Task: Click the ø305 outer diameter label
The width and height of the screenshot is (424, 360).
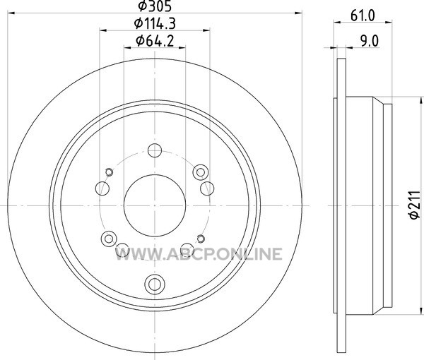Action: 155,6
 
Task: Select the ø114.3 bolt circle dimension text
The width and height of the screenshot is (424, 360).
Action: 155,23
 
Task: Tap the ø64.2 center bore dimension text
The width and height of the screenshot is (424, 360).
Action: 155,41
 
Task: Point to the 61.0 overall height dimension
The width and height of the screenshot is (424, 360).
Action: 363,16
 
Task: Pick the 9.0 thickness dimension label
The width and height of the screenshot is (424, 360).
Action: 369,41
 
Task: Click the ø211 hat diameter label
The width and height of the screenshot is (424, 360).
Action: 415,205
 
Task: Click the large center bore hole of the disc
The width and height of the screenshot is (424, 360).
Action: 155,205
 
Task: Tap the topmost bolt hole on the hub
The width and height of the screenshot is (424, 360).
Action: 155,150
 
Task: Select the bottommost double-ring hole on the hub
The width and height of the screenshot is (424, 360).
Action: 155,284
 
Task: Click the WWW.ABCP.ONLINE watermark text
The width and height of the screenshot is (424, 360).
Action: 199,254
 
